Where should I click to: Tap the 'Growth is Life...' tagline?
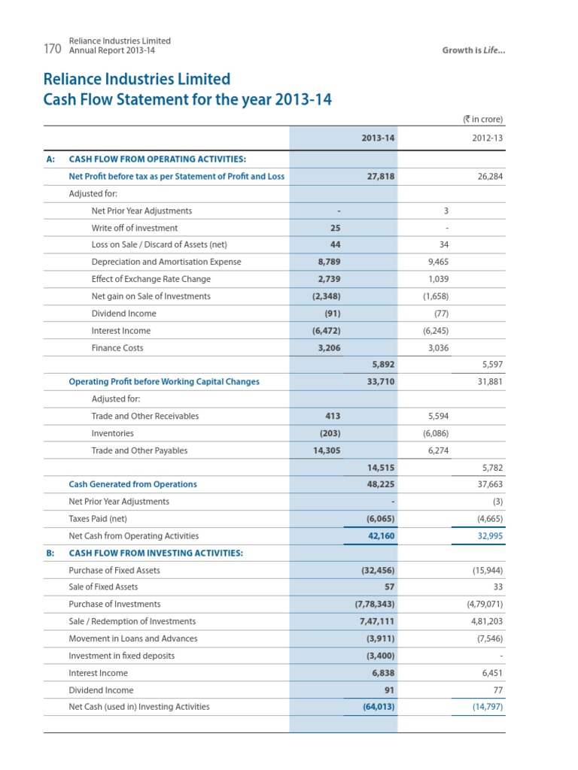point(473,50)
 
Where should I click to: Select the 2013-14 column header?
point(379,138)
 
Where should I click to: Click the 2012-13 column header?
point(487,138)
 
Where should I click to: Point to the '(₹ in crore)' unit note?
point(482,119)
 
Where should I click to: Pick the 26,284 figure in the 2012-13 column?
point(488,177)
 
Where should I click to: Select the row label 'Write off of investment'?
point(134,228)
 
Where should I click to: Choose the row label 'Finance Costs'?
point(117,348)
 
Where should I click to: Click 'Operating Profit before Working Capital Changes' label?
point(164,382)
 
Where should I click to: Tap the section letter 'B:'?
point(50,553)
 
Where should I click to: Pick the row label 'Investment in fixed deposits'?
point(121,656)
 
